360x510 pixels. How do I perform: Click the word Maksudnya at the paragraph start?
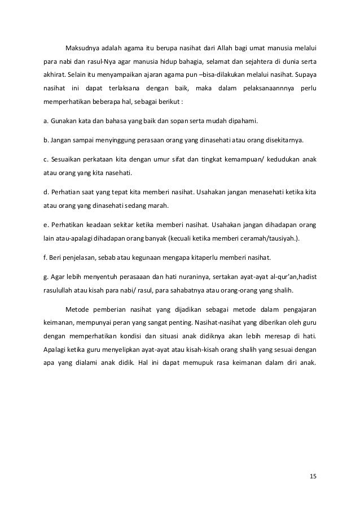81,46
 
